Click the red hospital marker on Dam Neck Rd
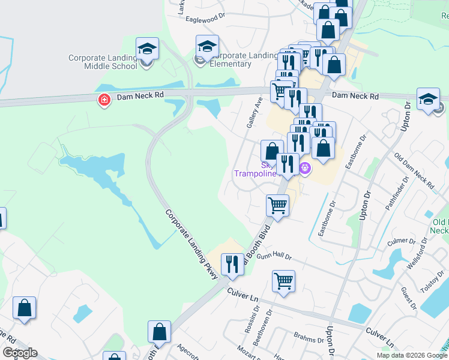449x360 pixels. point(104,100)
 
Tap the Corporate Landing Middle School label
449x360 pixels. point(103,62)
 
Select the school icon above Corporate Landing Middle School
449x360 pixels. point(146,49)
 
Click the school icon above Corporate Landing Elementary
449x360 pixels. point(207,46)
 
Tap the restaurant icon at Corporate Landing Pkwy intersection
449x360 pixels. point(232,264)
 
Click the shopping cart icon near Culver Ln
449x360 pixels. point(283,280)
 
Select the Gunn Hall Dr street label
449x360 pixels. point(274,257)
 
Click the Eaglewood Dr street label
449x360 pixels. point(206,19)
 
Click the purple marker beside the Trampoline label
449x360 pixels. point(304,168)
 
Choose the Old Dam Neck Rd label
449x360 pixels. point(414,171)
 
